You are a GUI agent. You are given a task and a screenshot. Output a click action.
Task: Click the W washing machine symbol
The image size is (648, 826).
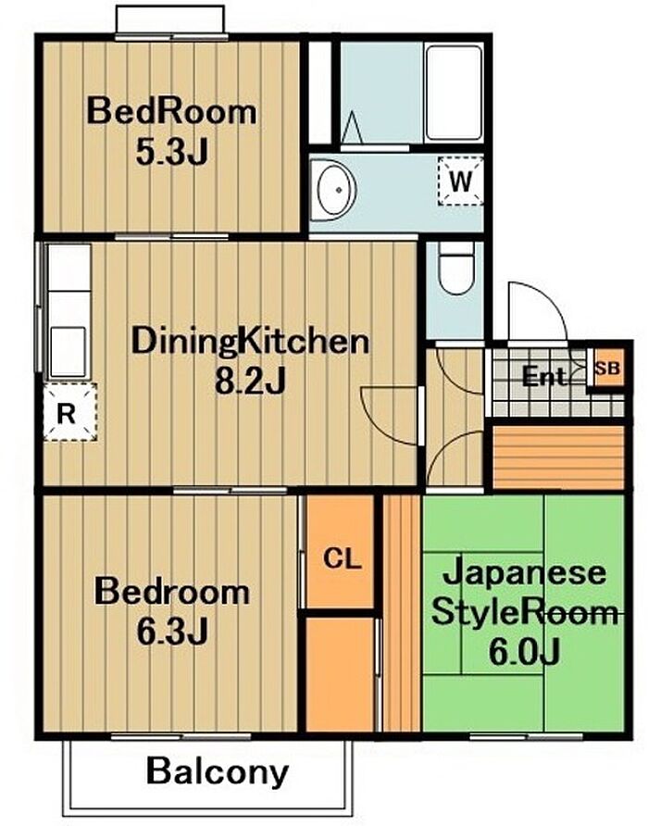[460, 181]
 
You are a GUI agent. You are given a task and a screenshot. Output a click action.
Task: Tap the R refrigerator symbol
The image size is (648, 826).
[70, 412]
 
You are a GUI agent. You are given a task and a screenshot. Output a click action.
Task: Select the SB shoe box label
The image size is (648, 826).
[607, 369]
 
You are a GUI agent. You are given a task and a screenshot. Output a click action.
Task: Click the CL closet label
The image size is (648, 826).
[342, 558]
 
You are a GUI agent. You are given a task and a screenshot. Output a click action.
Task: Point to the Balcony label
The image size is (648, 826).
[217, 771]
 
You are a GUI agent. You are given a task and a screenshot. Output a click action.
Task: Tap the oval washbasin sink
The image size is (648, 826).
[333, 190]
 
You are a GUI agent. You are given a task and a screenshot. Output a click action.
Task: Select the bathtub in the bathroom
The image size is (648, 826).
[454, 93]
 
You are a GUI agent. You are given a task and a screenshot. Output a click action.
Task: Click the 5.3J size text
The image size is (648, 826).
[171, 152]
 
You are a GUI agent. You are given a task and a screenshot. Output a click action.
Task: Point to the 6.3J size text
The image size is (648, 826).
[172, 632]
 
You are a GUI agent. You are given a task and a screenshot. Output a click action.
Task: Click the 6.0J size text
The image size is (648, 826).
[524, 652]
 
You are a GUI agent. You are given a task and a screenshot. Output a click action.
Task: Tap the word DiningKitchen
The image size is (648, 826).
[250, 343]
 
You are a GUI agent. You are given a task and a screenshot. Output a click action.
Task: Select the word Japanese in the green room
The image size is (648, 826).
[524, 574]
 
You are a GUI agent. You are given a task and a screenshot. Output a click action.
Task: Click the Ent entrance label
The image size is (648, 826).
[543, 377]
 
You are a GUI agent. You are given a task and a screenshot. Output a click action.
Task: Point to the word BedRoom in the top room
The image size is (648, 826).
[171, 111]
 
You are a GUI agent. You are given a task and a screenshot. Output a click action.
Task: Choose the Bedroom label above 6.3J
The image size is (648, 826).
[172, 592]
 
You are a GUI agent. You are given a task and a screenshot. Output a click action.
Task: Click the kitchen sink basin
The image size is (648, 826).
[68, 351]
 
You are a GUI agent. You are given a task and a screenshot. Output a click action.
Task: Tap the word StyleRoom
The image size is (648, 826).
[524, 613]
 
